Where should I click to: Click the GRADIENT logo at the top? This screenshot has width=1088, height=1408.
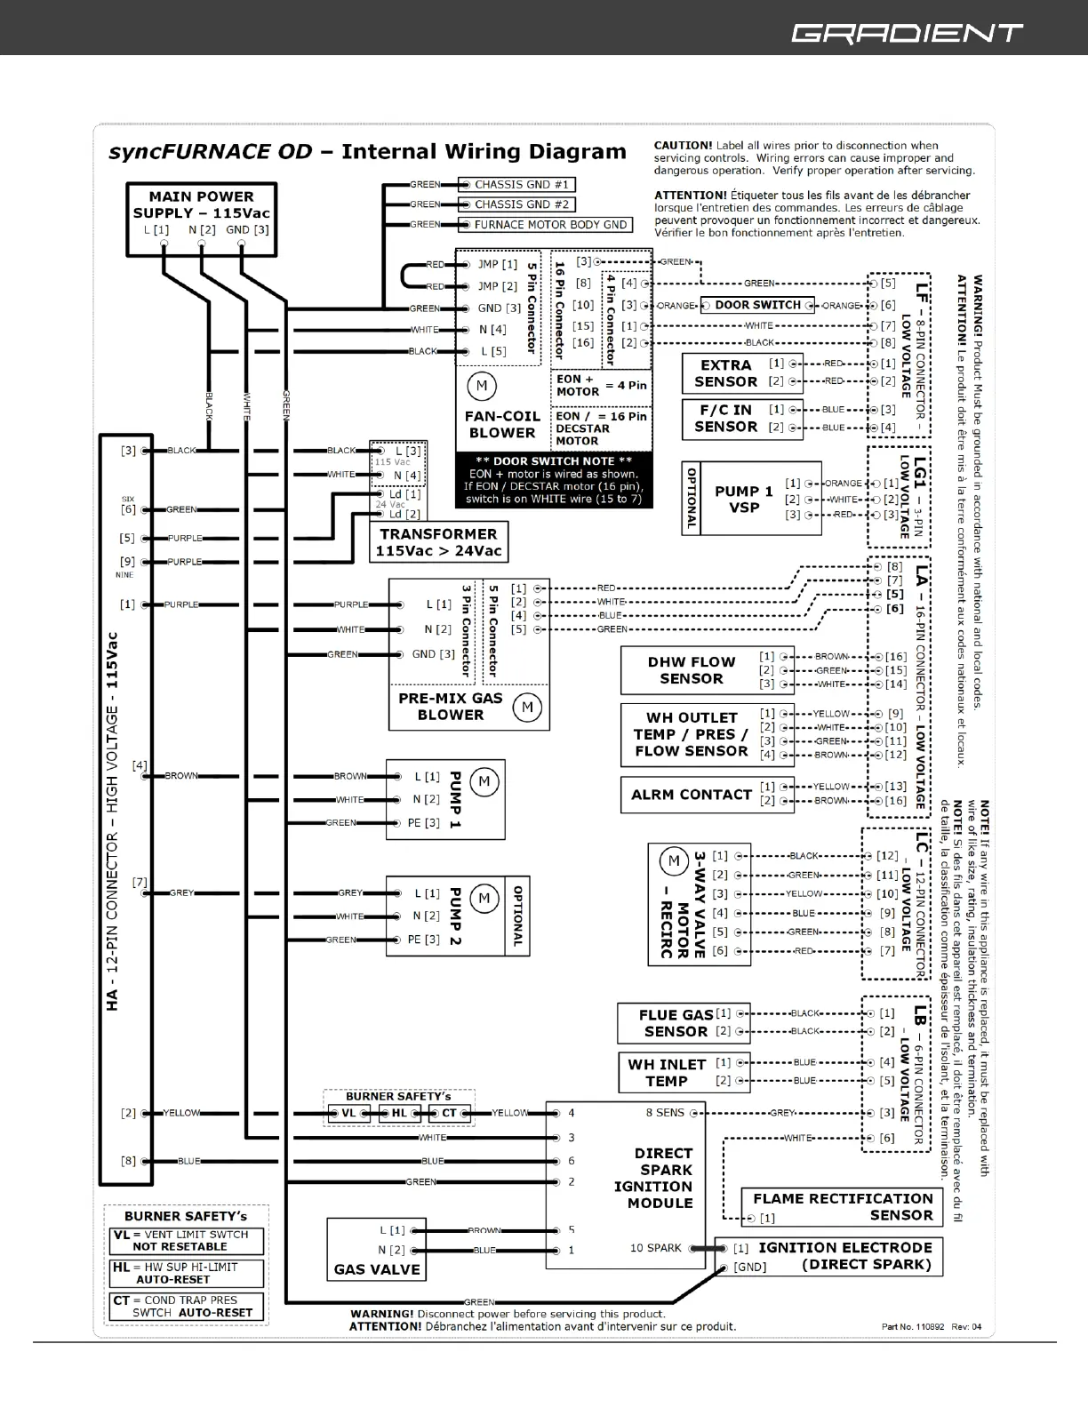point(907,34)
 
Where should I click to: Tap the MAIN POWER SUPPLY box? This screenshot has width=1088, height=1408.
point(201,213)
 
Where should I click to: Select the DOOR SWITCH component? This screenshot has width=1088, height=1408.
point(757,305)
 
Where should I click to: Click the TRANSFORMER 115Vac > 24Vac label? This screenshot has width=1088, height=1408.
point(438,542)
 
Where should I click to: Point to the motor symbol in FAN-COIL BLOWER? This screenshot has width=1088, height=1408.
point(482,386)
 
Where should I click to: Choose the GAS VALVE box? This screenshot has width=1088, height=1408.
point(377,1249)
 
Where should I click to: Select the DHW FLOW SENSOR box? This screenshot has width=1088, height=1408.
point(692,670)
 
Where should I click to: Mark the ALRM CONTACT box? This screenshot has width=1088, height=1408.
point(692,795)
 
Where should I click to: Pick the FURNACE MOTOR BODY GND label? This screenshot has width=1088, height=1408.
point(550,225)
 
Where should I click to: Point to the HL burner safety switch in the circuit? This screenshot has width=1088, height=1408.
point(399,1113)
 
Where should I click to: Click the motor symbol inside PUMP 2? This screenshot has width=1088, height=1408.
point(484,898)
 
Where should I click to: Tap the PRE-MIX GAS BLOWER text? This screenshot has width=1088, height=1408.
point(451,707)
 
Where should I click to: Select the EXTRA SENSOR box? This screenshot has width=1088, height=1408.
point(725,373)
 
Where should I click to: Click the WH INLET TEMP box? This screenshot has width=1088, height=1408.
point(667,1073)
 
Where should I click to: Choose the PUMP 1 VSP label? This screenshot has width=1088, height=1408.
point(744,499)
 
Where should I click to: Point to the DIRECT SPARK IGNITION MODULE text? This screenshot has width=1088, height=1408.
point(653,1178)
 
